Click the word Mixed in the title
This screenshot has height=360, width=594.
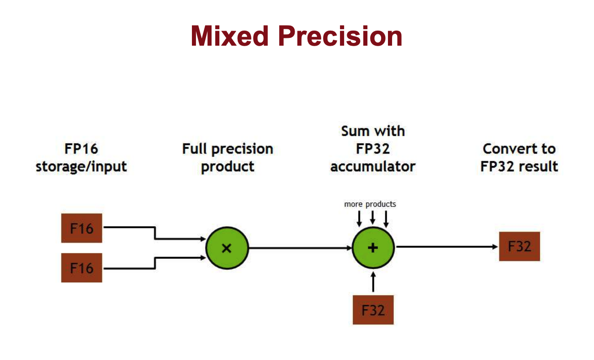230,36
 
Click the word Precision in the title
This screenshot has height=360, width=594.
340,36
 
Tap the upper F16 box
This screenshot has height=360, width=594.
82,228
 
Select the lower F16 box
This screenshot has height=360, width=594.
82,268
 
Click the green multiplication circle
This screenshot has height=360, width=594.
227,248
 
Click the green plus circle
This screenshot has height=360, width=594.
373,248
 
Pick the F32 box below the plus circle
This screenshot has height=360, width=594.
373,310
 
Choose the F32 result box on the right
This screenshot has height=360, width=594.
520,246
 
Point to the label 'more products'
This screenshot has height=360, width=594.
370,204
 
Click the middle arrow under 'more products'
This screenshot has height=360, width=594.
372,217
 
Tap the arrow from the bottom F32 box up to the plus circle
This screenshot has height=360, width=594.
373,282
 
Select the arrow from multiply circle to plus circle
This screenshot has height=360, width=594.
300,248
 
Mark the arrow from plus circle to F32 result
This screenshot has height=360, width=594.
447,247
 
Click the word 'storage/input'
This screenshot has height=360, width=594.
81,167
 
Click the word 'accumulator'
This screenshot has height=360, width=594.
373,166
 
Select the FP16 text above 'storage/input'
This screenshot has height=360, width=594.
81,149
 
